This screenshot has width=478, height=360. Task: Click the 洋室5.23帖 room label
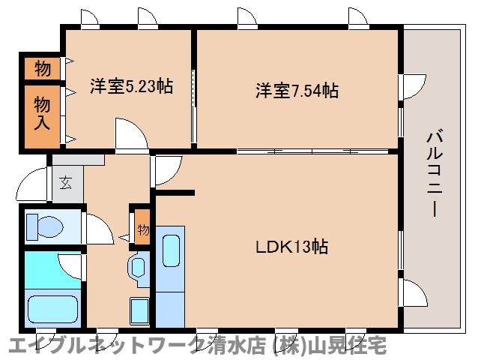[131, 86]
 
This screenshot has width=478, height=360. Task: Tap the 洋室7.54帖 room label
[297, 91]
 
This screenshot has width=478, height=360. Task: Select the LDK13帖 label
[292, 247]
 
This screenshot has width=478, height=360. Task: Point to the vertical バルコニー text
[432, 172]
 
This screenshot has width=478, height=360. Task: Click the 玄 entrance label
[66, 182]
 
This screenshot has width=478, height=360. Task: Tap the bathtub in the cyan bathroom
[52, 308]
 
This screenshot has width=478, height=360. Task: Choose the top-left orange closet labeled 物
[43, 70]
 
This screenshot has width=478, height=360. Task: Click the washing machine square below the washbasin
[139, 309]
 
